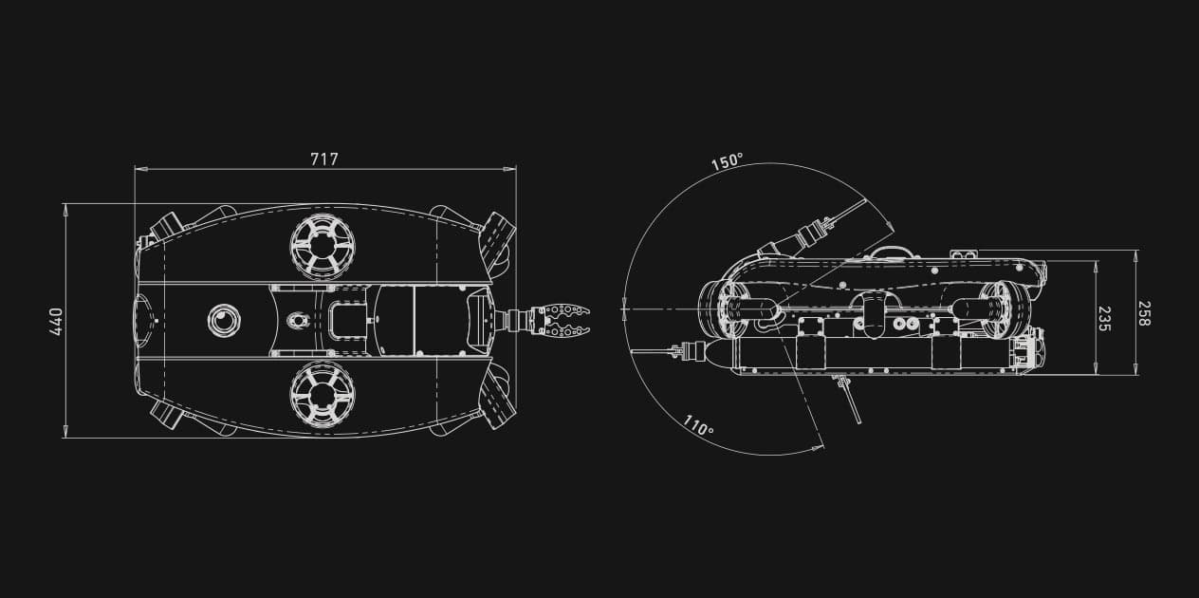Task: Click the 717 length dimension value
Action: pos(324,159)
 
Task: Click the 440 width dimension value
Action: pos(55,321)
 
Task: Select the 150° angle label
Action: pos(727,162)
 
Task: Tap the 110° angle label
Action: pos(697,428)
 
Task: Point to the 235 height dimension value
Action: pos(1104,318)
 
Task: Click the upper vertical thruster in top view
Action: pos(323,247)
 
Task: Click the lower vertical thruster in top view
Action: pos(323,394)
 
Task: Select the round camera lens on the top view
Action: pos(225,321)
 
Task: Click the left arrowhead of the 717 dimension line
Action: pos(138,169)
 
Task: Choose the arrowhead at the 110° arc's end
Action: pos(821,444)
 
